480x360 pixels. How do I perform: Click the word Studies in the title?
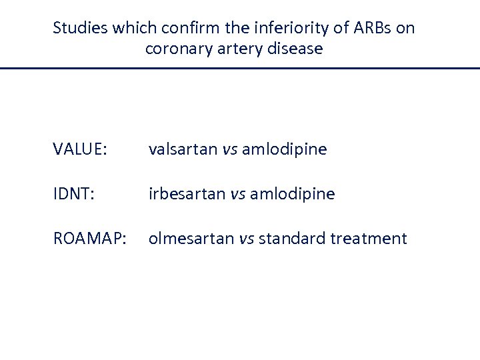[80, 28]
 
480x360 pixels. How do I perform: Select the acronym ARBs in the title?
[369, 28]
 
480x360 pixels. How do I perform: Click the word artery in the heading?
[231, 49]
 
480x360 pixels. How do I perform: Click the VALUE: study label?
[79, 149]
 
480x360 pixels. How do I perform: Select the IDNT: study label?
[73, 194]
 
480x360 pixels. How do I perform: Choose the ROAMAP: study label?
[89, 239]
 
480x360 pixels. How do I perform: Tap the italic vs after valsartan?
[229, 149]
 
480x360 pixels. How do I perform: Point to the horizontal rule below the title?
[240, 68]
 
